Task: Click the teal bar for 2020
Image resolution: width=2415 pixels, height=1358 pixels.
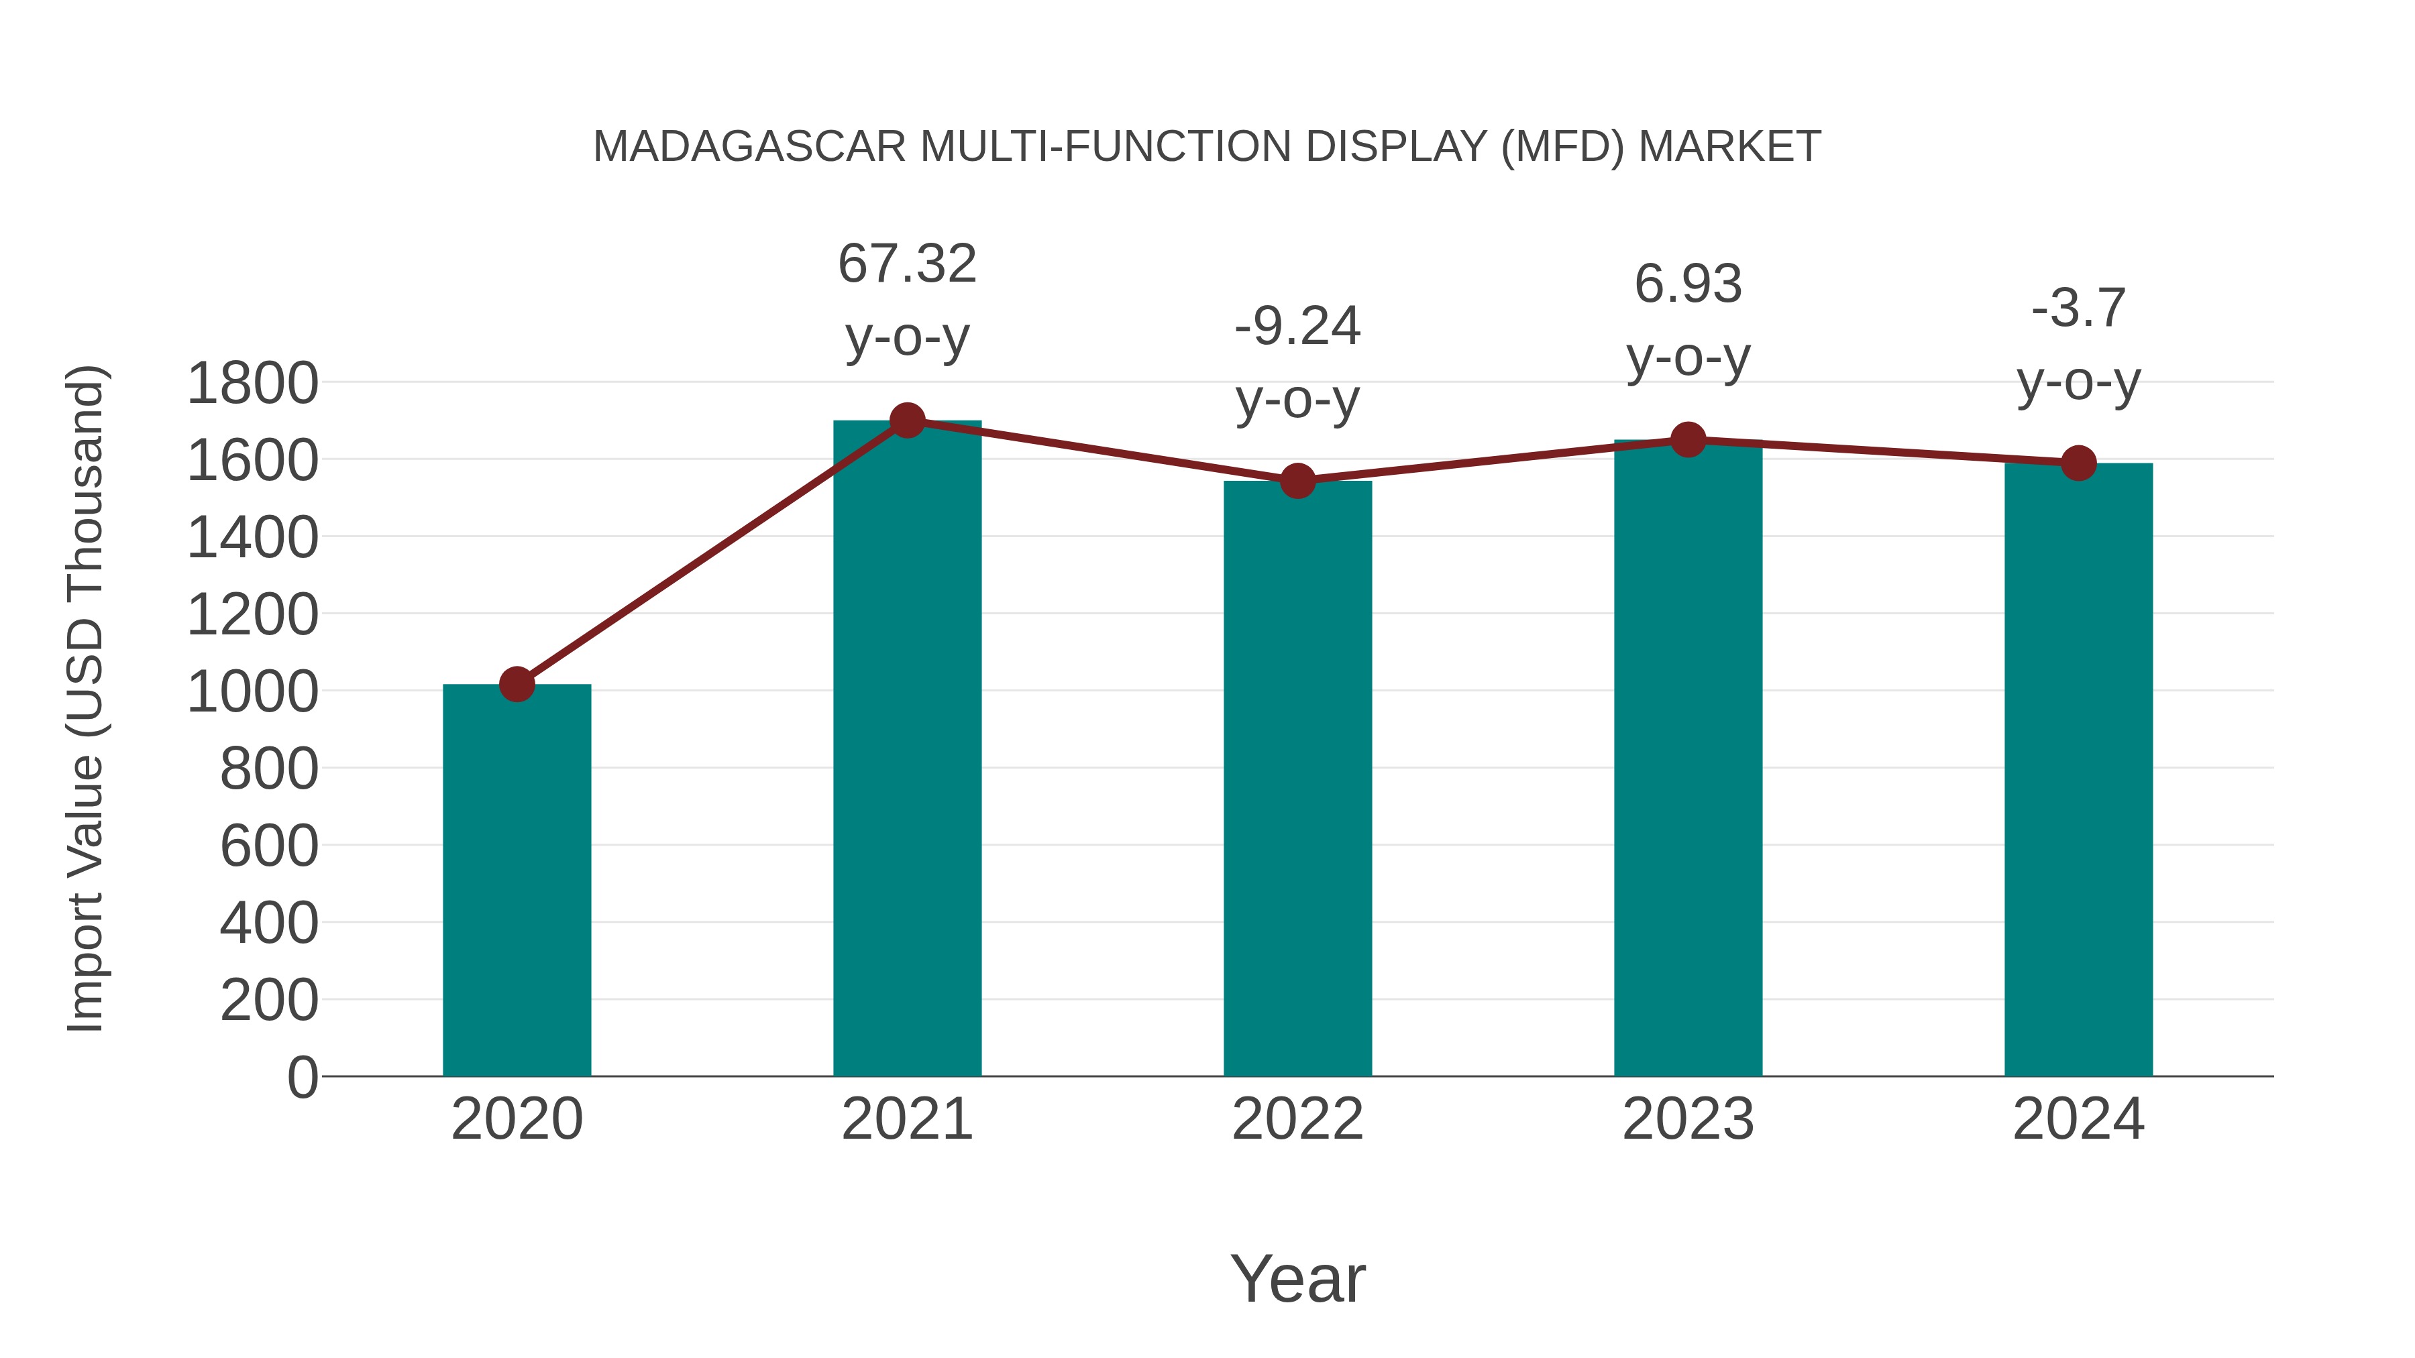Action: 517,881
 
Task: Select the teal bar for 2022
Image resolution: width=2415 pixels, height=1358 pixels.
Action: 1297,778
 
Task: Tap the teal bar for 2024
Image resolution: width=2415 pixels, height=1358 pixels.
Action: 2078,769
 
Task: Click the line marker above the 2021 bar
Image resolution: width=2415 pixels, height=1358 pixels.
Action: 906,420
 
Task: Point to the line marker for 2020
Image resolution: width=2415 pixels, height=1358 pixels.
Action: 517,684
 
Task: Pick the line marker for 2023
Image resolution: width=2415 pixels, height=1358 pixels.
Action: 1688,439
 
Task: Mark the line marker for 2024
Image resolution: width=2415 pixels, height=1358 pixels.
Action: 2078,463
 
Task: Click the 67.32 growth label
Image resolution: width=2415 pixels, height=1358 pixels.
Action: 906,264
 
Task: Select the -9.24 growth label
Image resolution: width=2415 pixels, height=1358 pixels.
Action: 1297,327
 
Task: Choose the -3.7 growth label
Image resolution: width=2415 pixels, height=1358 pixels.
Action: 2078,308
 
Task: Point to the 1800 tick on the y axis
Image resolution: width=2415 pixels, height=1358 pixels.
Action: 252,384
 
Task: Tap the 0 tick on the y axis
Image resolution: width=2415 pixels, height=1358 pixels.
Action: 303,1078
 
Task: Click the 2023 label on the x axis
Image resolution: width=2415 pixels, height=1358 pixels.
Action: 1688,1119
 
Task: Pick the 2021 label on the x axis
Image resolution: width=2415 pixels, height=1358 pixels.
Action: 906,1119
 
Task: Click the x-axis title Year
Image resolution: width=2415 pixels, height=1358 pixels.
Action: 1297,1278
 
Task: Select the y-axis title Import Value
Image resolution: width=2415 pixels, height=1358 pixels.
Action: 85,698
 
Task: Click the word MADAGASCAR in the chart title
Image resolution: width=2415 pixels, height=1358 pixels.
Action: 749,147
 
